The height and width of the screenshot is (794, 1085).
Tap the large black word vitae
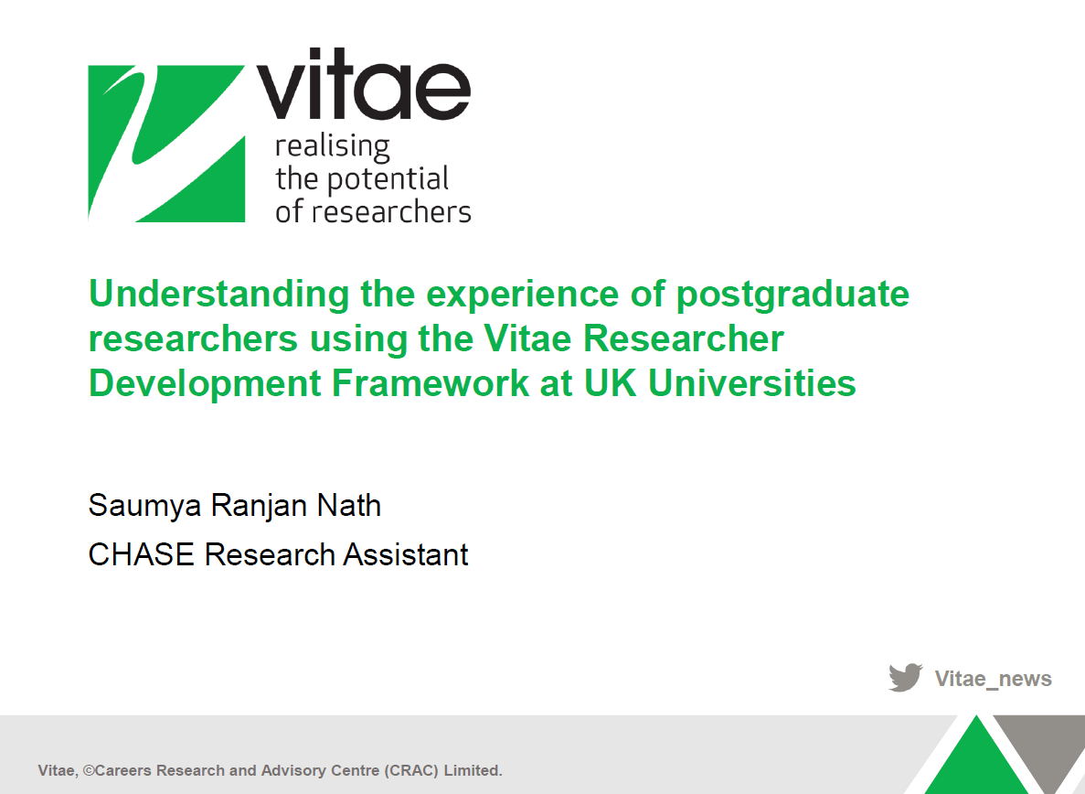[363, 84]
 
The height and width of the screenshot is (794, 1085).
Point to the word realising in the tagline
[332, 146]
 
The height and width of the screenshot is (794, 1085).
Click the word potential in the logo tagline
[388, 179]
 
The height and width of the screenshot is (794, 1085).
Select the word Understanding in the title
[218, 294]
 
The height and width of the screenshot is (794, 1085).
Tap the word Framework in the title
[431, 382]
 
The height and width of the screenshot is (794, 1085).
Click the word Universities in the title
[751, 382]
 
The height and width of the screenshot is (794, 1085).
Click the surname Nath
[349, 505]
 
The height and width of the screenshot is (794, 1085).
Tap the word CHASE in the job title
[142, 554]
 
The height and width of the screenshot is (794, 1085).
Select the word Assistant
[406, 554]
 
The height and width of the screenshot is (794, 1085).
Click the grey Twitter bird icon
[906, 677]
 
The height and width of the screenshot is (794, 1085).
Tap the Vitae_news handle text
[993, 679]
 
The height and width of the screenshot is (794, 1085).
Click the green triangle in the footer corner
[976, 758]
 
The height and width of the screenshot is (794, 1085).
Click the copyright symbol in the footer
[88, 770]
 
